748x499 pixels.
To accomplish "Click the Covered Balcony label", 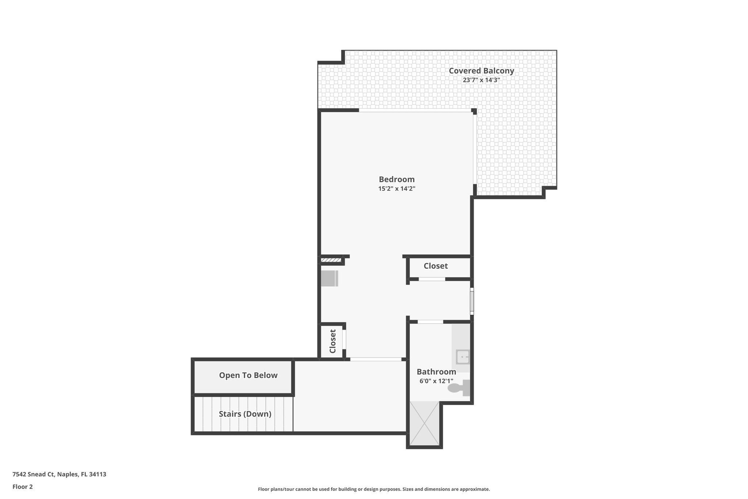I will [481, 71].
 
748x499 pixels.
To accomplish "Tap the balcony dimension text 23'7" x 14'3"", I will [481, 80].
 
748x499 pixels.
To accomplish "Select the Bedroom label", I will [397, 179].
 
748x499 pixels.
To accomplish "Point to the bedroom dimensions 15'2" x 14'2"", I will [397, 189].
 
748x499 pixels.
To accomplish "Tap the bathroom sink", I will [462, 356].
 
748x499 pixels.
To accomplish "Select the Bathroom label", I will [436, 372].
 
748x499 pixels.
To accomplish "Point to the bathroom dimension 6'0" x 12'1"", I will [436, 381].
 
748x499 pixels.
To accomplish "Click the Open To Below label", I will [248, 375].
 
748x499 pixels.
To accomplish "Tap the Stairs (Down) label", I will [245, 414].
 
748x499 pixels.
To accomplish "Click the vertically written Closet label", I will [333, 341].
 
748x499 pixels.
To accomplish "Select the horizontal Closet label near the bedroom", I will [435, 266].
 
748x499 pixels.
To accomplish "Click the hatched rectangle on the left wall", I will [331, 260].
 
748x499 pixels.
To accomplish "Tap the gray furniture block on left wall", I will [329, 278].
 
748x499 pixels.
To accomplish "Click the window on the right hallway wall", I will [472, 301].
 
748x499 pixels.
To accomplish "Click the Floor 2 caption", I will [23, 487].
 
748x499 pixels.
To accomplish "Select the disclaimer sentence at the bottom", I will [374, 489].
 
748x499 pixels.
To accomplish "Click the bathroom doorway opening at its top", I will [430, 322].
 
